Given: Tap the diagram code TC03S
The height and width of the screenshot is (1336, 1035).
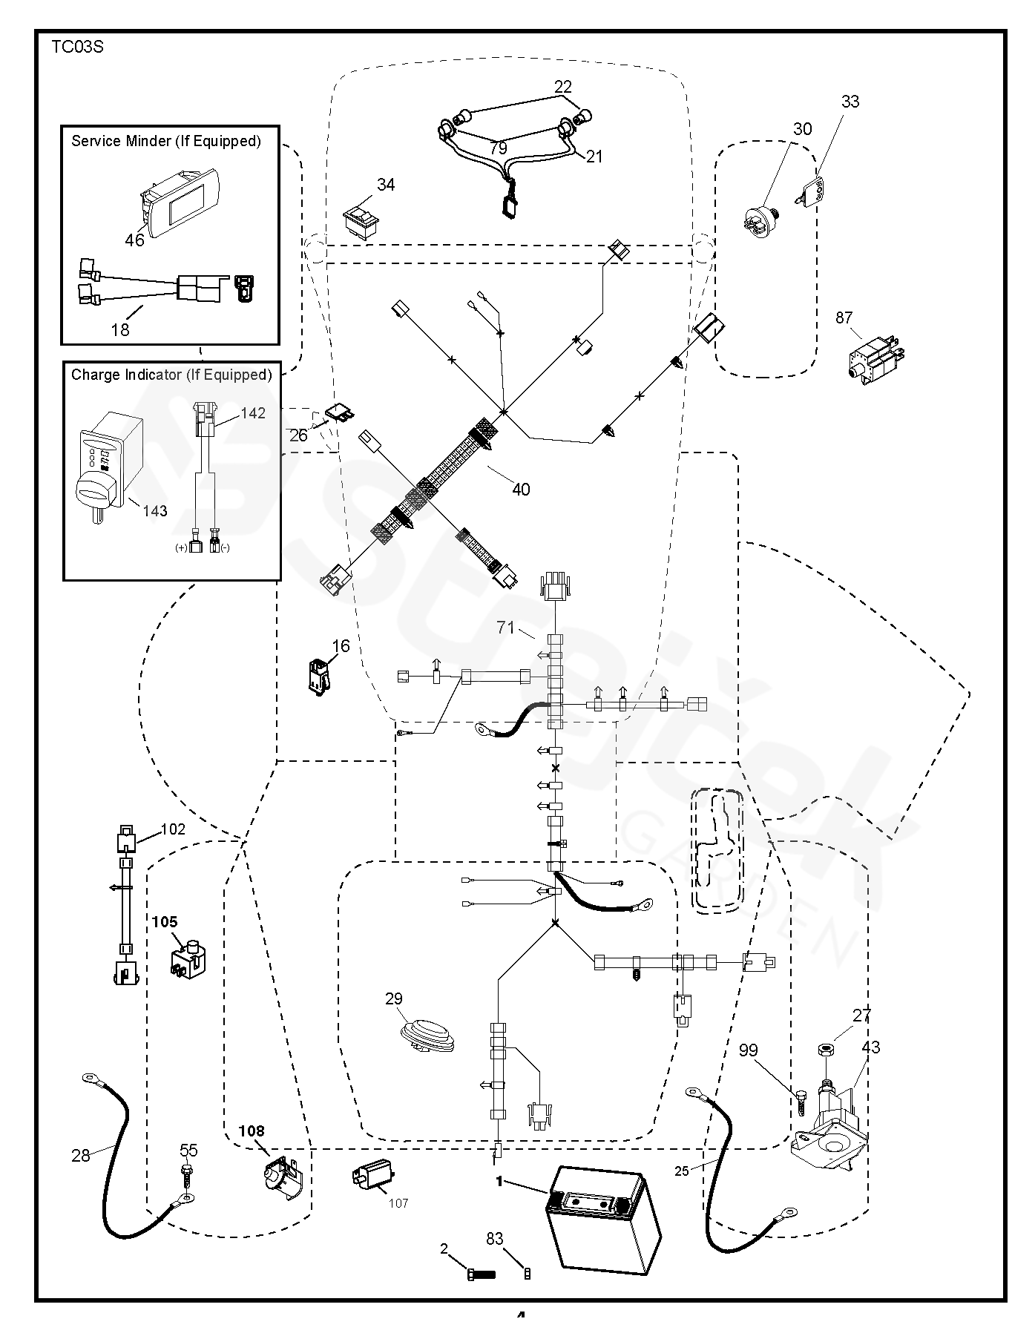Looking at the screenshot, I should (77, 47).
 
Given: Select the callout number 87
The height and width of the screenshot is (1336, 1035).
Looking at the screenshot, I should (844, 318).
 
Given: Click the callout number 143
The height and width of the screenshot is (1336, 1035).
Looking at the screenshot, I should (155, 511).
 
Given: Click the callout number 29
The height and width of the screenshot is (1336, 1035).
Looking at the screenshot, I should (394, 998).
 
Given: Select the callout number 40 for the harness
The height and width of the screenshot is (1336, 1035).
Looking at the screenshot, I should (521, 490).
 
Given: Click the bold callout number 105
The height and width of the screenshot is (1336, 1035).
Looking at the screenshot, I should (165, 921).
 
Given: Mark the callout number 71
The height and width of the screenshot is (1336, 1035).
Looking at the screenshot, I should (506, 628).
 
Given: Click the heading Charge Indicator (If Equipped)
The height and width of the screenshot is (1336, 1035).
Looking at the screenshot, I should (171, 375).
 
